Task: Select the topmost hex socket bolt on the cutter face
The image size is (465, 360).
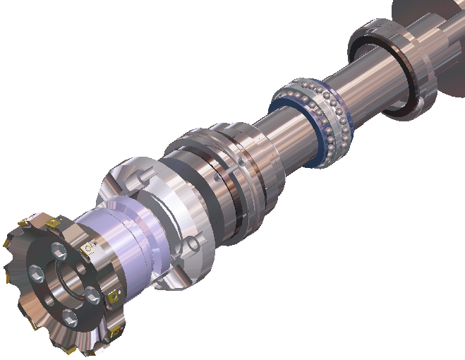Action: point(55,249)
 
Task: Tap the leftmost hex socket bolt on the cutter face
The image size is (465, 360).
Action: point(33,272)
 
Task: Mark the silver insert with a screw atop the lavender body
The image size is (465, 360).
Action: point(90,248)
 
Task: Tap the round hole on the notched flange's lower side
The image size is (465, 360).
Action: point(190,246)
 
